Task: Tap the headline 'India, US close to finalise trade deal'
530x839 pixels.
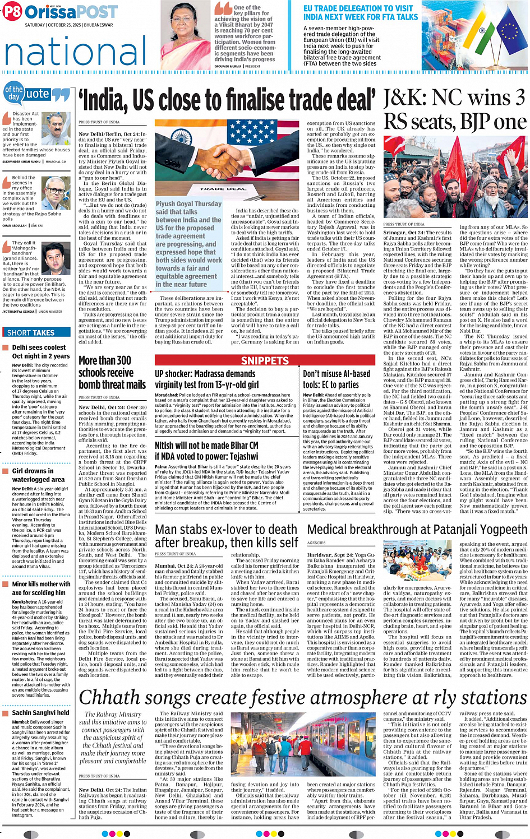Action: [228, 101]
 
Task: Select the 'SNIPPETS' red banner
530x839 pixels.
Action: [265, 360]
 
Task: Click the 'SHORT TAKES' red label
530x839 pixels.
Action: [31, 332]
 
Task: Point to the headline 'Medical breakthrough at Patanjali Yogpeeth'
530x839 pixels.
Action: [417, 530]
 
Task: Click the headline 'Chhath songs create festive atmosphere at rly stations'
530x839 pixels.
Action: [303, 697]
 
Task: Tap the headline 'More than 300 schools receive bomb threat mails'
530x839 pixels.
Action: [112, 372]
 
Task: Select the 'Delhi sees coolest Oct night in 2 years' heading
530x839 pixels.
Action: [41, 351]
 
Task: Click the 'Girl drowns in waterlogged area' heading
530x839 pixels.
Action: [38, 475]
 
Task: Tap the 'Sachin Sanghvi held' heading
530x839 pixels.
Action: [40, 713]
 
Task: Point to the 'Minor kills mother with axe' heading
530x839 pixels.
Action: [41, 588]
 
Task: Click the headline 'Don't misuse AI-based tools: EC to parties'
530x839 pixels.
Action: [337, 379]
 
